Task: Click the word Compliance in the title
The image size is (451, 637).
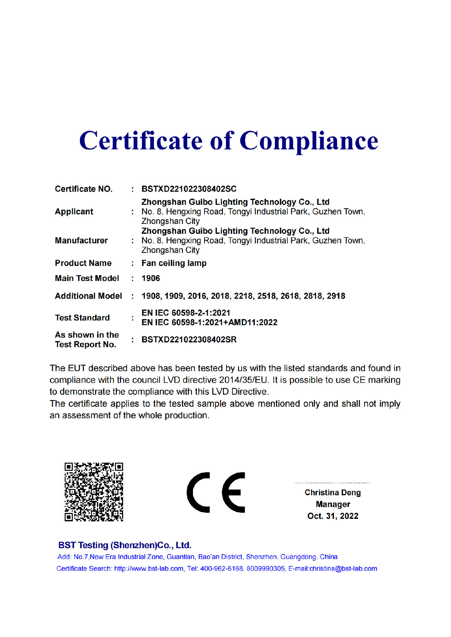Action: pos(308,141)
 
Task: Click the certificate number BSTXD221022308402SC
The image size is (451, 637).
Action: pos(189,189)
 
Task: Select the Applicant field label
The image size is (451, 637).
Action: pos(74,211)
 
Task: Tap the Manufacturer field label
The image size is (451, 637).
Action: pos(81,240)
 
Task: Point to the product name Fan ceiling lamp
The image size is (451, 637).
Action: pos(174,263)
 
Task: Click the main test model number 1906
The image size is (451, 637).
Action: pos(151,278)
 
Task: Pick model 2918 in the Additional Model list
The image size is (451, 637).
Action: pos(336,296)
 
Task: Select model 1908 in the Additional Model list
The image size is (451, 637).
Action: pos(151,296)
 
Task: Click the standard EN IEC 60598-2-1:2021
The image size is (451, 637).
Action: pos(186,313)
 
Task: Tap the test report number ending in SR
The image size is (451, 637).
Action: pos(189,340)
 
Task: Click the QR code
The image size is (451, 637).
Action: pos(94,492)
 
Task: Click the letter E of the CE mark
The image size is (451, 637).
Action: pos(234,492)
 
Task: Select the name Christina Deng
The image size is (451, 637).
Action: pos(333,492)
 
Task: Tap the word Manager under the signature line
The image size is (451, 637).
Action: pos(333,504)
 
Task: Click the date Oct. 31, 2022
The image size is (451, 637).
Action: pos(333,516)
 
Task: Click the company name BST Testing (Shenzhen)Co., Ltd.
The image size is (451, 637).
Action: pos(125,545)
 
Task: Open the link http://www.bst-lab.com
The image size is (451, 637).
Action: pos(149,569)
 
